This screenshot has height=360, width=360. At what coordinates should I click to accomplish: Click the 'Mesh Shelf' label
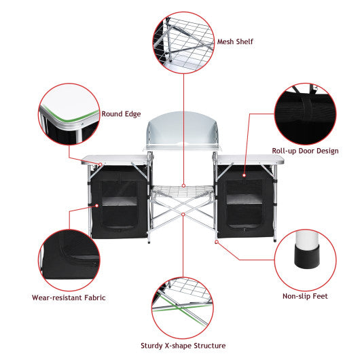click(235, 41)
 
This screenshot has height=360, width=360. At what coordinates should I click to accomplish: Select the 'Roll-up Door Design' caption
click(305, 151)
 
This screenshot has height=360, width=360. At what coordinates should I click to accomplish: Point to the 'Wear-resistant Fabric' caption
click(69, 298)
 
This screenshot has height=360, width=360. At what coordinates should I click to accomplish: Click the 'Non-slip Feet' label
click(306, 296)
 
